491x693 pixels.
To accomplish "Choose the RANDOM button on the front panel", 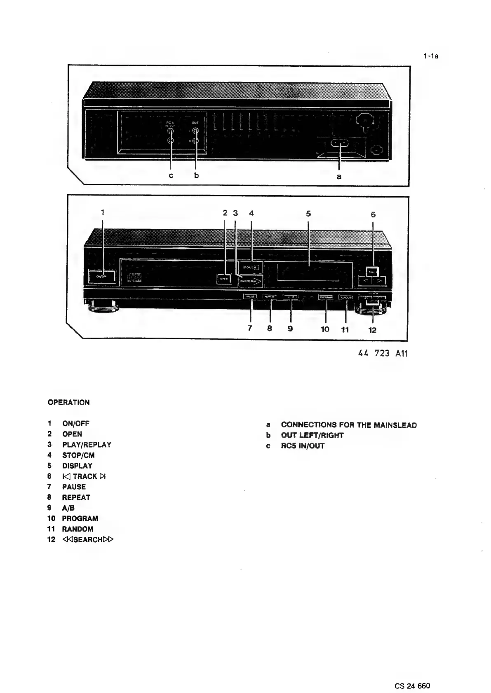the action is pos(345,297).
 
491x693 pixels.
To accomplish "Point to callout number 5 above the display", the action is pos(308,214).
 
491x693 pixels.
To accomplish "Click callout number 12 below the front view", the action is pos(372,330).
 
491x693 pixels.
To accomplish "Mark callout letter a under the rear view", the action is pos(339,176).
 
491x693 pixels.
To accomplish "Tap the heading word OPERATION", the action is pos(68,402).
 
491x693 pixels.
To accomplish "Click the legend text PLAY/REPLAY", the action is pos(87,445).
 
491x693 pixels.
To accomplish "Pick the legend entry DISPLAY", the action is pos(77,466).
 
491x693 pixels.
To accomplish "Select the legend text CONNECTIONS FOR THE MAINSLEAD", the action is pos(349,425).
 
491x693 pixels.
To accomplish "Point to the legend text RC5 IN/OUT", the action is pos(303,446).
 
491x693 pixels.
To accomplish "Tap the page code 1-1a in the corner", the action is pos(431,56).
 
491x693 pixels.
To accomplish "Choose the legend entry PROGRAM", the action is pos(80,518).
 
